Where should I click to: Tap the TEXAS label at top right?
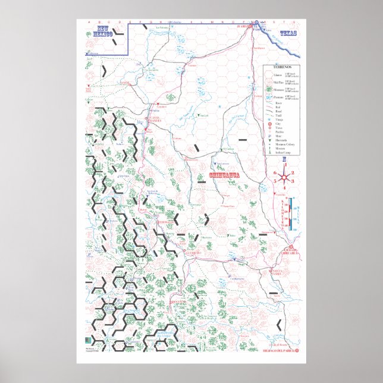(x=287, y=34)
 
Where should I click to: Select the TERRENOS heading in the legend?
(x=282, y=68)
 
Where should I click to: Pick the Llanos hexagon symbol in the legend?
(x=271, y=76)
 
